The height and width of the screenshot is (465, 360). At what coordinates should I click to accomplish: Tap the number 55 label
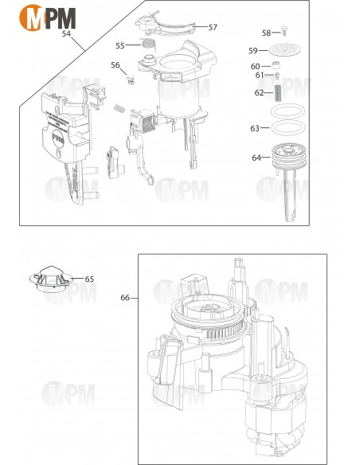coord(120,45)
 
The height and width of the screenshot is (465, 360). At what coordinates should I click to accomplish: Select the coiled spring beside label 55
coord(147,45)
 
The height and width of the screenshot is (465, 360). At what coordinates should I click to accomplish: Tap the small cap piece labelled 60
coord(278,67)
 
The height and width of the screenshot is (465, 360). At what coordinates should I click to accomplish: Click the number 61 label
coord(260,76)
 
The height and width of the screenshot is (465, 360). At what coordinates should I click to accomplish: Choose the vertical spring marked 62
coord(279,92)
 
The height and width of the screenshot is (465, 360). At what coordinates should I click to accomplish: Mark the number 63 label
coord(255,128)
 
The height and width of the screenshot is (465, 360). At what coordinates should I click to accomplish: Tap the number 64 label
coord(256,158)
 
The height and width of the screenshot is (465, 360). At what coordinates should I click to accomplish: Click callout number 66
coord(125,298)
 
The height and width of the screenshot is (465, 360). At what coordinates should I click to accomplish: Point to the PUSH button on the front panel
coord(57,136)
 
